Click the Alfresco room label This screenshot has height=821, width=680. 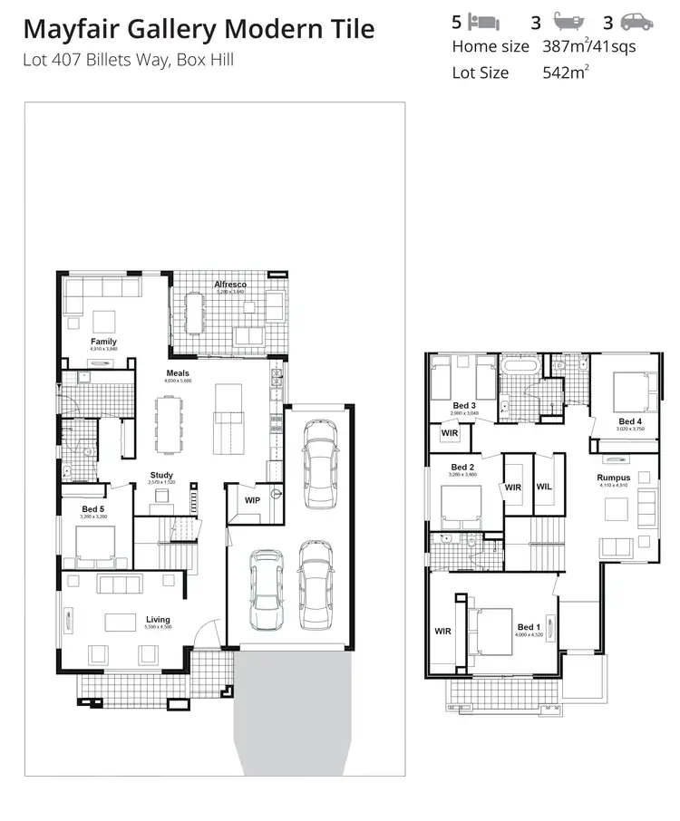coord(230,285)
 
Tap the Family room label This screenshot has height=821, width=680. coord(103,342)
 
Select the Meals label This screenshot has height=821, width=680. coord(178,372)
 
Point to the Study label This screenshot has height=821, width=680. coord(161,475)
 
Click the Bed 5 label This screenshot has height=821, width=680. coord(92,509)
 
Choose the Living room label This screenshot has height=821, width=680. coord(158,620)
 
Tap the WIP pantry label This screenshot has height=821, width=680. coord(252,499)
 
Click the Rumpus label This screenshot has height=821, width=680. coord(613,478)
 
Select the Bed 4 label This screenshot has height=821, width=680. coord(630,421)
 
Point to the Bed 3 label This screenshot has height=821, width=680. coord(464,405)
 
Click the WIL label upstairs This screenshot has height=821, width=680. coord(544,487)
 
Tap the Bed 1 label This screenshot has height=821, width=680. coord(529,627)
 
